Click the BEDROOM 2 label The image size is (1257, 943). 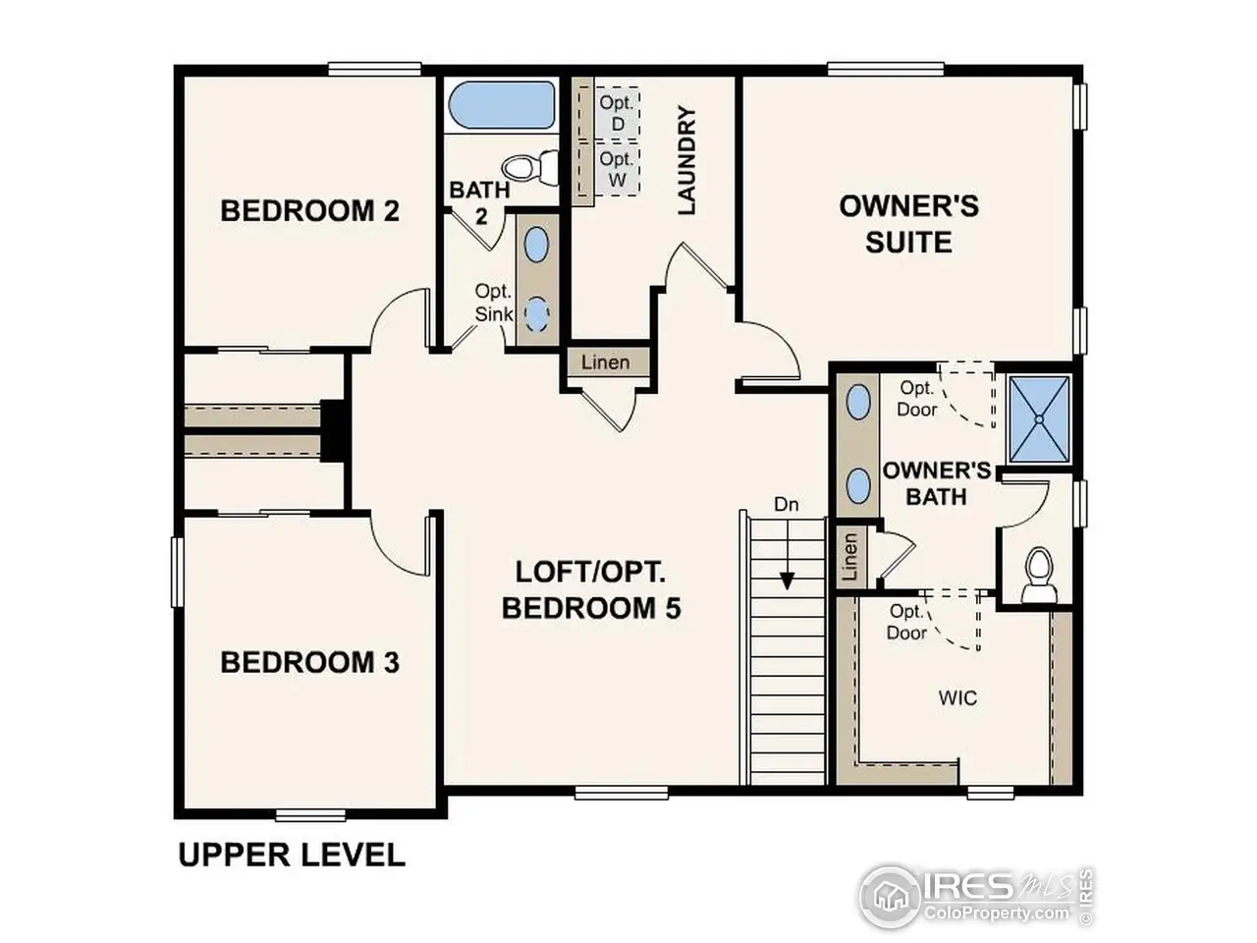click(309, 211)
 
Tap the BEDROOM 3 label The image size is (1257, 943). click(309, 662)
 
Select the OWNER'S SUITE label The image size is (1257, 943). click(908, 224)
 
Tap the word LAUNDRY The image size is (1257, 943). click(686, 162)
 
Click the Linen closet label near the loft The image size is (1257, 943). click(605, 362)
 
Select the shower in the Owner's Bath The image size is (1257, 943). click(1039, 417)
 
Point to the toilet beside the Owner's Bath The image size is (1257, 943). click(1037, 574)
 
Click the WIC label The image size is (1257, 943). click(957, 698)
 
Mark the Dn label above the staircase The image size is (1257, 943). click(787, 505)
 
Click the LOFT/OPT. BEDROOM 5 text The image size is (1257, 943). click(591, 590)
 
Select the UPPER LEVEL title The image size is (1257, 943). click(292, 855)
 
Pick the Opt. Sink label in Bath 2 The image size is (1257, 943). click(493, 303)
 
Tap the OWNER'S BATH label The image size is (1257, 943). click(936, 483)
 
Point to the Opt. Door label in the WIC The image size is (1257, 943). click(907, 622)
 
